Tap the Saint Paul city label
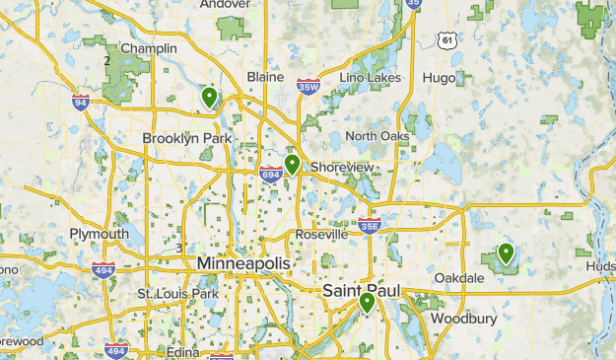pos(363,293)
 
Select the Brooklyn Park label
pos(186,139)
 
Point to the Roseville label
pos(321,235)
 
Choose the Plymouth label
pos(99,234)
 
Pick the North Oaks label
pos(376,136)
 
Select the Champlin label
pos(148,47)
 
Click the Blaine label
pos(265,77)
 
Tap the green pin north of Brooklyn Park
pos(209,97)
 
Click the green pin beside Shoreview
pos(292,164)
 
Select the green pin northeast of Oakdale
pos(506,252)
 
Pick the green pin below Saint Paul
pos(367,302)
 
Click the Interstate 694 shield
pos(271,175)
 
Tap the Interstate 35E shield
pos(369,225)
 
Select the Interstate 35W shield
pos(309,88)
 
